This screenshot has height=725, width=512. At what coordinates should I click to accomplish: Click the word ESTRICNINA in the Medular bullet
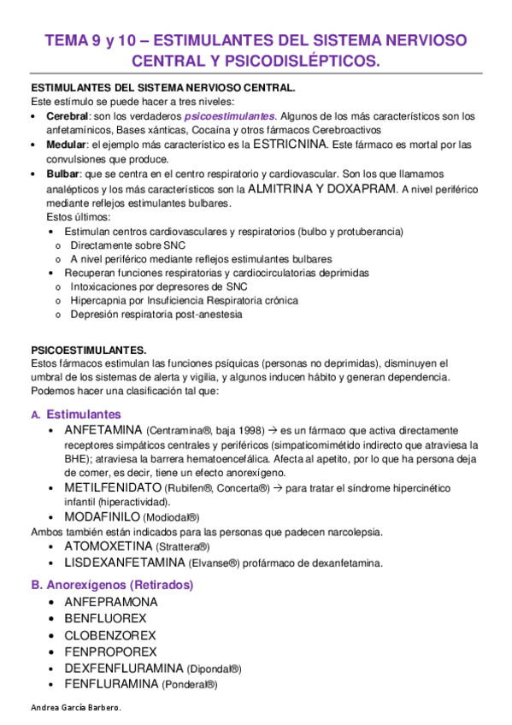pyautogui.click(x=291, y=144)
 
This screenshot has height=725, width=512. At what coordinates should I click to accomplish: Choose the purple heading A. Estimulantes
pyautogui.click(x=79, y=414)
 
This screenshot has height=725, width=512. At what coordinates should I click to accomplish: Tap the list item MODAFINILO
pyautogui.click(x=102, y=516)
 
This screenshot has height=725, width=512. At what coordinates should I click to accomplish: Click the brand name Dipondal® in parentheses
pyautogui.click(x=215, y=669)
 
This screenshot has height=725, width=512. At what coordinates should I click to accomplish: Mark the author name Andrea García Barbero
pyautogui.click(x=75, y=710)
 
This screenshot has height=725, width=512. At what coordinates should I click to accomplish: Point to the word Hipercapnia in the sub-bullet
pyautogui.click(x=99, y=301)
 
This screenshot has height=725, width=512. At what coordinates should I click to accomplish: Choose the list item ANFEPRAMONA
pyautogui.click(x=110, y=602)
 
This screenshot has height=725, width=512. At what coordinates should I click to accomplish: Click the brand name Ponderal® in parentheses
pyautogui.click(x=191, y=685)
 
